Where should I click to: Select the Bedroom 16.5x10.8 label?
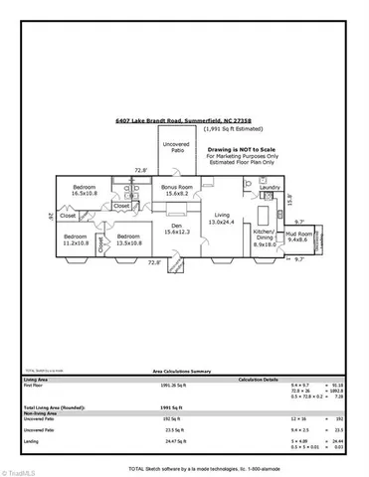point(83,190)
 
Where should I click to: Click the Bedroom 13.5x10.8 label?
point(128,239)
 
